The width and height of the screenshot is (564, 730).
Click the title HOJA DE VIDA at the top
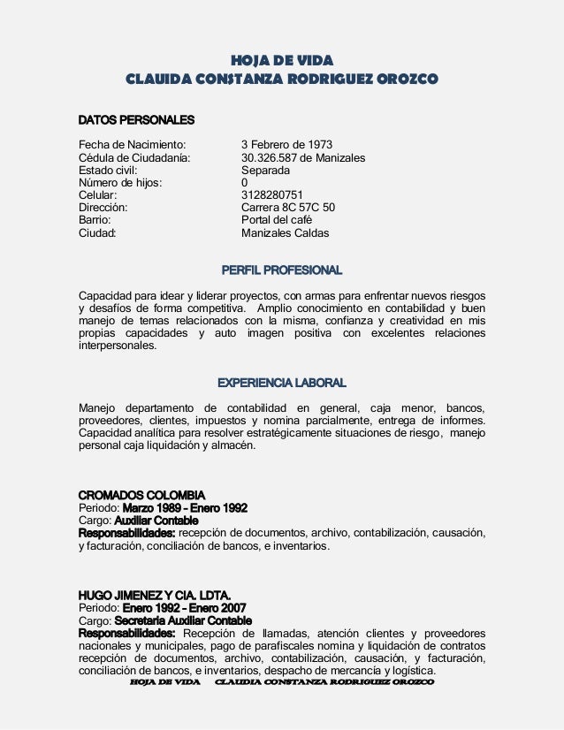281,60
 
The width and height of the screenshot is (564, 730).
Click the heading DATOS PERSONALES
136,119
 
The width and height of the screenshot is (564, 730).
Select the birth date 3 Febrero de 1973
286,144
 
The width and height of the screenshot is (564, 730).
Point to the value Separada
268,174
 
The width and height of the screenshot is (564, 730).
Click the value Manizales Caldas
285,234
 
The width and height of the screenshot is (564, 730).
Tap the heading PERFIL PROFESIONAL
281,269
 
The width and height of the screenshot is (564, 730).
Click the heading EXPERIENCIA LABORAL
281,383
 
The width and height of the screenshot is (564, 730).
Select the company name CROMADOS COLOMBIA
142,494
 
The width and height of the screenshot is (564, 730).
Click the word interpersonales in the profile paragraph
118,346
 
